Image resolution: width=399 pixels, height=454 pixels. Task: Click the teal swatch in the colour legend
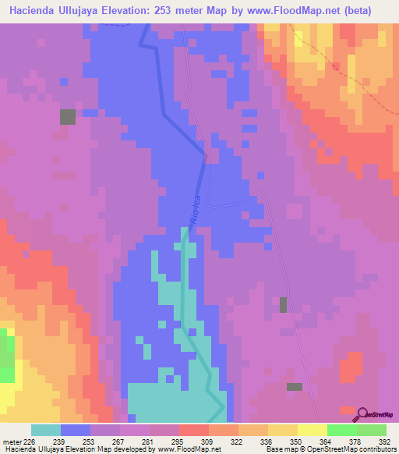[x=46, y=430]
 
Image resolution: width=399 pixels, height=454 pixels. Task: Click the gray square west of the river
[x=68, y=117]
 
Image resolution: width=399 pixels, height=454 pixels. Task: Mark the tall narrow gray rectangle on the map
[x=283, y=304]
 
